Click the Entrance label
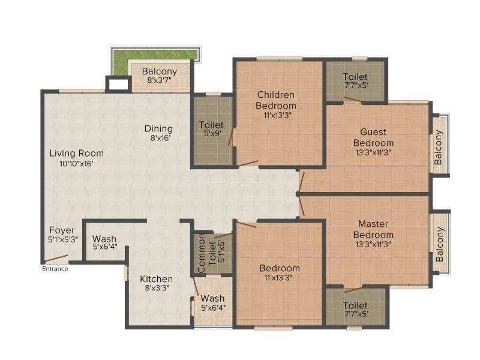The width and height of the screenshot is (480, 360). pyautogui.click(x=55, y=269)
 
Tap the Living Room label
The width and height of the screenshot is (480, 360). pyautogui.click(x=77, y=153)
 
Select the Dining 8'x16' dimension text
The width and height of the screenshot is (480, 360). pyautogui.click(x=160, y=138)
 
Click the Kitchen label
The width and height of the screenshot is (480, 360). pyautogui.click(x=156, y=279)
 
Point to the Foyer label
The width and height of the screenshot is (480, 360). pyautogui.click(x=62, y=230)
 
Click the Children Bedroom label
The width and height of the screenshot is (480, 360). pyautogui.click(x=276, y=100)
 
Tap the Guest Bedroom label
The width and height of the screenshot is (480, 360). pyautogui.click(x=373, y=137)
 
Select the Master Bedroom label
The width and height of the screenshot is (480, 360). pyautogui.click(x=373, y=229)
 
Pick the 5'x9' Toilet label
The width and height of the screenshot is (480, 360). pyautogui.click(x=211, y=125)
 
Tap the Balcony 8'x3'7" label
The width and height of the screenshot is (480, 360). pyautogui.click(x=160, y=71)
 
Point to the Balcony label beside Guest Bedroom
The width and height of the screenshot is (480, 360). pyautogui.click(x=439, y=147)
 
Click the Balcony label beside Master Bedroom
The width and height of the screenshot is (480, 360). pyautogui.click(x=439, y=244)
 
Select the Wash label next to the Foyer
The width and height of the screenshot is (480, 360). pyautogui.click(x=104, y=239)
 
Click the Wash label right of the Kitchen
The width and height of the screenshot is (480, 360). pyautogui.click(x=212, y=298)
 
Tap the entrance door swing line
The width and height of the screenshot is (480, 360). pyautogui.click(x=56, y=259)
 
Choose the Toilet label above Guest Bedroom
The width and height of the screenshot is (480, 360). pyautogui.click(x=355, y=77)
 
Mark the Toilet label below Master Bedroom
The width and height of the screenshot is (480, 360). pyautogui.click(x=355, y=305)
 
